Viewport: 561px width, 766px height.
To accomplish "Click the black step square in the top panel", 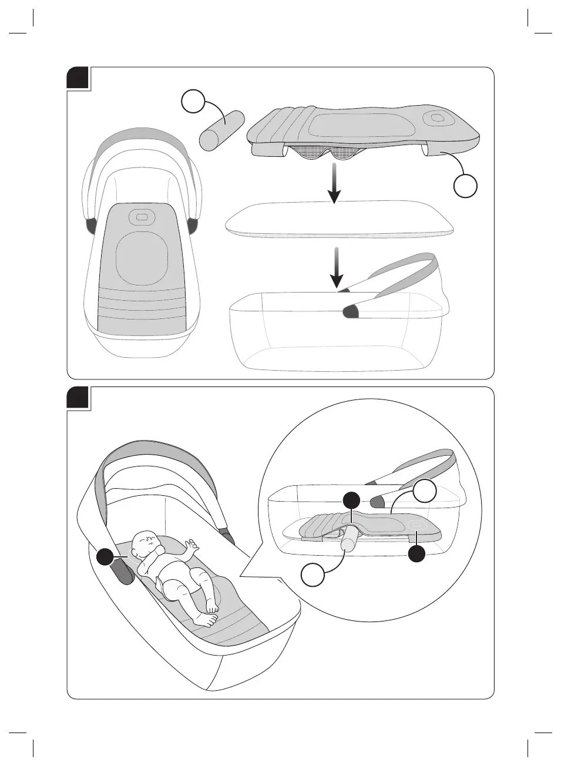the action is (78, 78).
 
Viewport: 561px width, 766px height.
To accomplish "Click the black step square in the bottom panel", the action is (78, 398).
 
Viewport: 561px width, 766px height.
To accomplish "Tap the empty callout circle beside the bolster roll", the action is (193, 102).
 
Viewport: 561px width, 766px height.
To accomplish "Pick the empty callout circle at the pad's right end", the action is (465, 186).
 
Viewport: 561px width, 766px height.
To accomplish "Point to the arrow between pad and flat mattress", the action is (334, 183).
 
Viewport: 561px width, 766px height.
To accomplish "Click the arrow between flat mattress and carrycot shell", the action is (336, 267).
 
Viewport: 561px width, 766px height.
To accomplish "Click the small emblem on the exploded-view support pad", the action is (438, 118).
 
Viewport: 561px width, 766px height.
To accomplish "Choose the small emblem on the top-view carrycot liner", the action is (142, 217).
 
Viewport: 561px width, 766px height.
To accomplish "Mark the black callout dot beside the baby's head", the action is (106, 557).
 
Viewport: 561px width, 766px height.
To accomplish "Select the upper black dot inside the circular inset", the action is (351, 500).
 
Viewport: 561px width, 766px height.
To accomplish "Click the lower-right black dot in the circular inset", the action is (417, 553).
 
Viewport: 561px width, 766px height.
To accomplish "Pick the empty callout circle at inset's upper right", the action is (424, 492).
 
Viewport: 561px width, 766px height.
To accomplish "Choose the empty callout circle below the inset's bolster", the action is (313, 574).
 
